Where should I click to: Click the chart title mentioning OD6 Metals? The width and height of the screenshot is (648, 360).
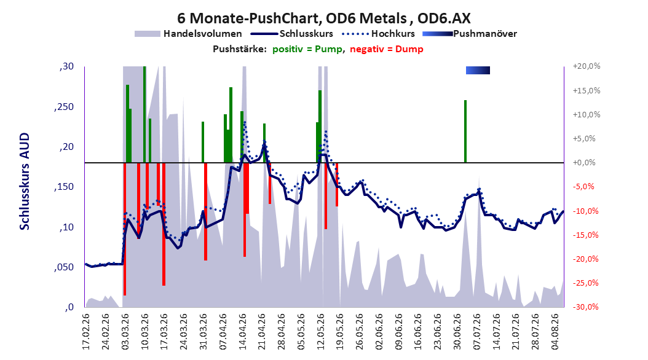pyautogui.click(x=323, y=18)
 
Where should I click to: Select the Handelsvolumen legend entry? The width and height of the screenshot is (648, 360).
pyautogui.click(x=188, y=34)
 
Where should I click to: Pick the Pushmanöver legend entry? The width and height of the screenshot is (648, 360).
pyautogui.click(x=470, y=34)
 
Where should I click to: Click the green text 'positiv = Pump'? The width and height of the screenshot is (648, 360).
pyautogui.click(x=307, y=49)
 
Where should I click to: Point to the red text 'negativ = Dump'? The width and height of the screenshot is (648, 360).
pyautogui.click(x=387, y=49)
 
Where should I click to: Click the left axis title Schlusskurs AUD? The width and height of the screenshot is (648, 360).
pyautogui.click(x=25, y=181)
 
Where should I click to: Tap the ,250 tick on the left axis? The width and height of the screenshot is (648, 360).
pyautogui.click(x=64, y=107)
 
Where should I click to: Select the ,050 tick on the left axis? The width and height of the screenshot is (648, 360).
pyautogui.click(x=64, y=267)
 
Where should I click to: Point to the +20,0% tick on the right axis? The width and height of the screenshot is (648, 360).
pyautogui.click(x=587, y=66)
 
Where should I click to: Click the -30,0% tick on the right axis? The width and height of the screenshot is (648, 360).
pyautogui.click(x=587, y=307)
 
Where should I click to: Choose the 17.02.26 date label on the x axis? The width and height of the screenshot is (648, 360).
pyautogui.click(x=86, y=332)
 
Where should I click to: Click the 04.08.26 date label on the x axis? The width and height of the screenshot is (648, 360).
pyautogui.click(x=555, y=332)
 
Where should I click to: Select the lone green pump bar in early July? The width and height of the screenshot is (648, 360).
pyautogui.click(x=465, y=131)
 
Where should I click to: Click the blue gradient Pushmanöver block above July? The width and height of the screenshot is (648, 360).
pyautogui.click(x=478, y=70)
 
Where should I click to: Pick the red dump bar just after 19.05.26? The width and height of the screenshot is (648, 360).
pyautogui.click(x=337, y=184)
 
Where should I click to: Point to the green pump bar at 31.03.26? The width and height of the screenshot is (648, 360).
pyautogui.click(x=203, y=142)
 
